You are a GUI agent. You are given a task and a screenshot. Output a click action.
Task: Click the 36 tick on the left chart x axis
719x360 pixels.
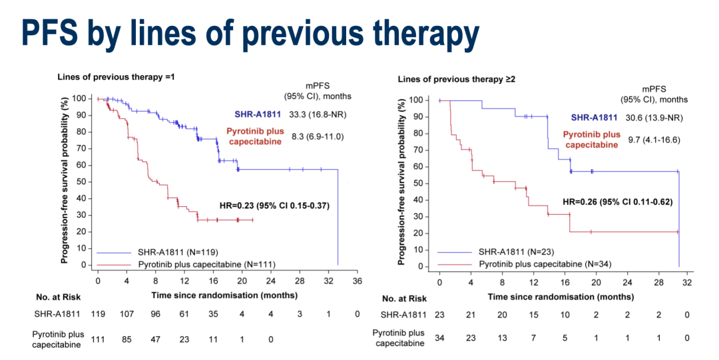coord(357,281)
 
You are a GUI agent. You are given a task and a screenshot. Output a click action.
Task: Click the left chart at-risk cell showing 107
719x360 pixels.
coord(126,313)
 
